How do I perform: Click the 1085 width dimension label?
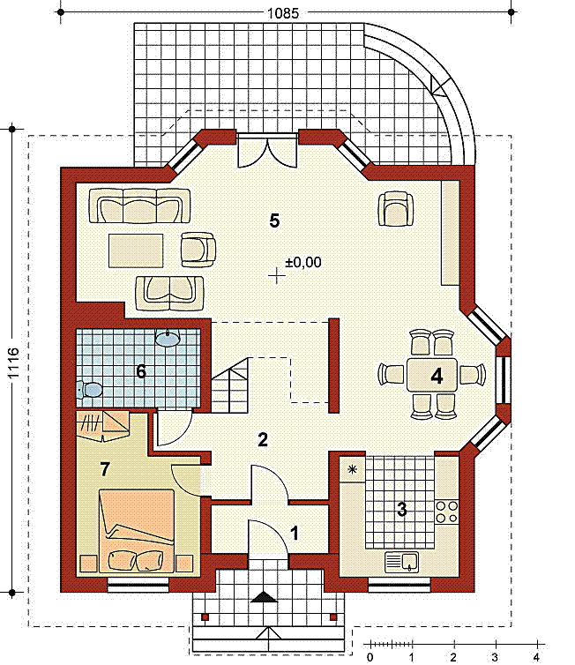(x=283, y=13)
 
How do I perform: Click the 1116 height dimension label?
(x=13, y=363)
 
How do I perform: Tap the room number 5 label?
(x=274, y=221)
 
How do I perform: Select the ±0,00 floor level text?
(x=302, y=262)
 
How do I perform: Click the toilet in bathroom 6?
(x=89, y=389)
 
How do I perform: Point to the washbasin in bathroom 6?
(x=168, y=338)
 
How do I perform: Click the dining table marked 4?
(x=431, y=375)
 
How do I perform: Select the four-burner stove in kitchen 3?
(x=447, y=512)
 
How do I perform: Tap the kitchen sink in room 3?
(x=401, y=562)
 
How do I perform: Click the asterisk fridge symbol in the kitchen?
(x=353, y=469)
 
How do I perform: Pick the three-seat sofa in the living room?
(x=139, y=206)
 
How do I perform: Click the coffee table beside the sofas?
(x=136, y=250)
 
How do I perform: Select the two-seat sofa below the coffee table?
(x=169, y=293)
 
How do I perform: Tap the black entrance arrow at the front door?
(x=265, y=597)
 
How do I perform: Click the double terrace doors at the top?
(x=267, y=151)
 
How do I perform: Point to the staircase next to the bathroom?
(x=229, y=385)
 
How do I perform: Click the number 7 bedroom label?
(x=105, y=469)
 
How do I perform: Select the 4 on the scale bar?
(x=537, y=658)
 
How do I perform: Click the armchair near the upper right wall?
(x=396, y=209)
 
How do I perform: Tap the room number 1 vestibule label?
(x=295, y=533)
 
